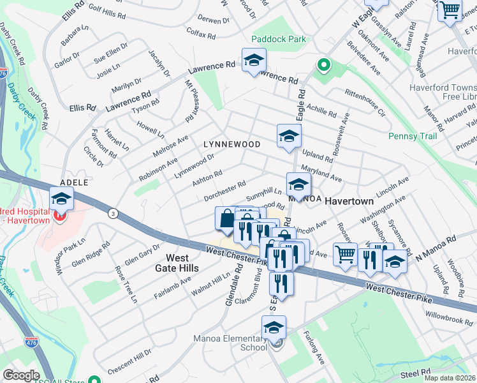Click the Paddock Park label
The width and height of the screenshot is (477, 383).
[278, 39]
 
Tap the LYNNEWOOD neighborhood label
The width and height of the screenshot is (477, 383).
[231, 144]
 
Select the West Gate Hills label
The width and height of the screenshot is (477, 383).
[182, 262]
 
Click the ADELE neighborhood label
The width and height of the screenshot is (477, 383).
[74, 182]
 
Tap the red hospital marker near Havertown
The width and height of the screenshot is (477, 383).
[60, 215]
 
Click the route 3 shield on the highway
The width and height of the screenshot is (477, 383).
[113, 212]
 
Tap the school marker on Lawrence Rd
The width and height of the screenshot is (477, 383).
[253, 60]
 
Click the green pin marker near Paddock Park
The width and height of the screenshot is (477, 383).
[323, 64]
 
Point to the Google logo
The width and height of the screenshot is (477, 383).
[21, 375]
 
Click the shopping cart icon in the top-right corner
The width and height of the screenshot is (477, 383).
[450, 10]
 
